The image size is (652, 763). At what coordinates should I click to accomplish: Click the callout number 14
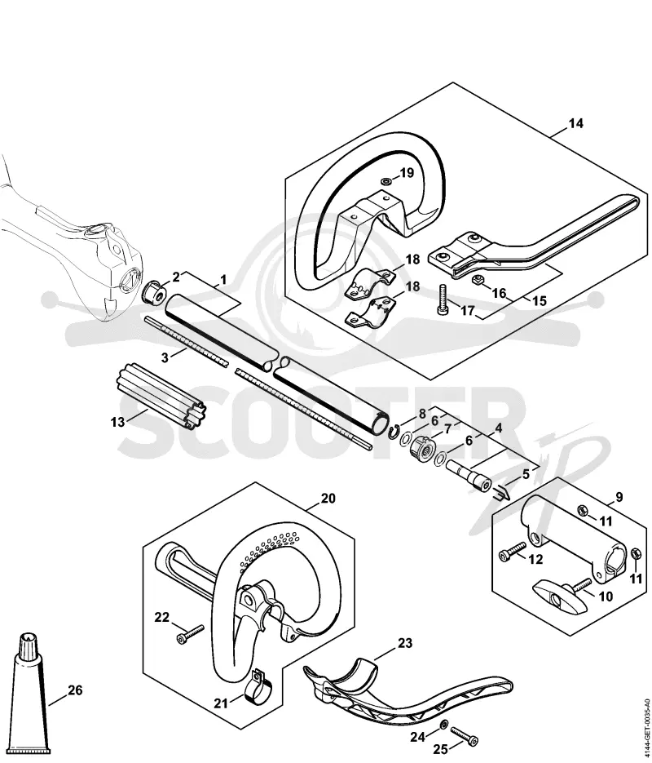[x=575, y=123]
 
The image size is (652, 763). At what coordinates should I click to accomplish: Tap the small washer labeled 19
[x=386, y=181]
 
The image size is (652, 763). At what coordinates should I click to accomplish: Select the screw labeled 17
[x=443, y=299]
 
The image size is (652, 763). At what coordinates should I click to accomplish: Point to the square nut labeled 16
[x=477, y=280]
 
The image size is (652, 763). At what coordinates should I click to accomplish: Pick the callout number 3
[x=165, y=357]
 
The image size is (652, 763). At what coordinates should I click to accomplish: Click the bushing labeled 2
[x=153, y=291]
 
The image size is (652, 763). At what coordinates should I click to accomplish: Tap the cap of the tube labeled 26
[x=28, y=645]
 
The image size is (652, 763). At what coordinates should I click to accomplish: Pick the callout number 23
[x=405, y=643]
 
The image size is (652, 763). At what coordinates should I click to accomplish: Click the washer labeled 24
[x=443, y=725]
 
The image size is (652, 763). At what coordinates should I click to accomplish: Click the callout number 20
[x=328, y=499]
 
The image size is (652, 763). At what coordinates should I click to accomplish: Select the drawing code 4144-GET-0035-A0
[x=646, y=725]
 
